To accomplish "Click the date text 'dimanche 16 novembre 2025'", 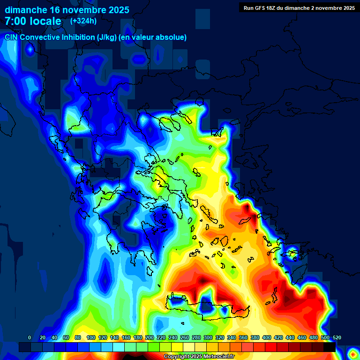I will (x=67, y=10).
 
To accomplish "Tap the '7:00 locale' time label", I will (x=33, y=21).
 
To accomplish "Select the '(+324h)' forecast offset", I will (x=83, y=21).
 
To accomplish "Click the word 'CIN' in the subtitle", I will (x=12, y=37).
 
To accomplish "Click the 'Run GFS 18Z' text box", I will (x=299, y=7).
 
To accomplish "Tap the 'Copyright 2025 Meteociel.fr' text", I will (x=199, y=357).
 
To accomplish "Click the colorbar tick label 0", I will (x=30, y=337).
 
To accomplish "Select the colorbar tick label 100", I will (x=91, y=337).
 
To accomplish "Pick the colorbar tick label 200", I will (x=150, y=337).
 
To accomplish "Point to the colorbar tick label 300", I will (x=208, y=337).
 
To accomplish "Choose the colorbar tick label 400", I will (x=267, y=337).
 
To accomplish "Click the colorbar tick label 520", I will (x=337, y=337).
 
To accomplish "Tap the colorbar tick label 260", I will (x=185, y=337).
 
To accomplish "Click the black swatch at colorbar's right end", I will (x=330, y=347).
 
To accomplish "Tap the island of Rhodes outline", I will (x=294, y=255).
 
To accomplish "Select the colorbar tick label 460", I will (x=302, y=337).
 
